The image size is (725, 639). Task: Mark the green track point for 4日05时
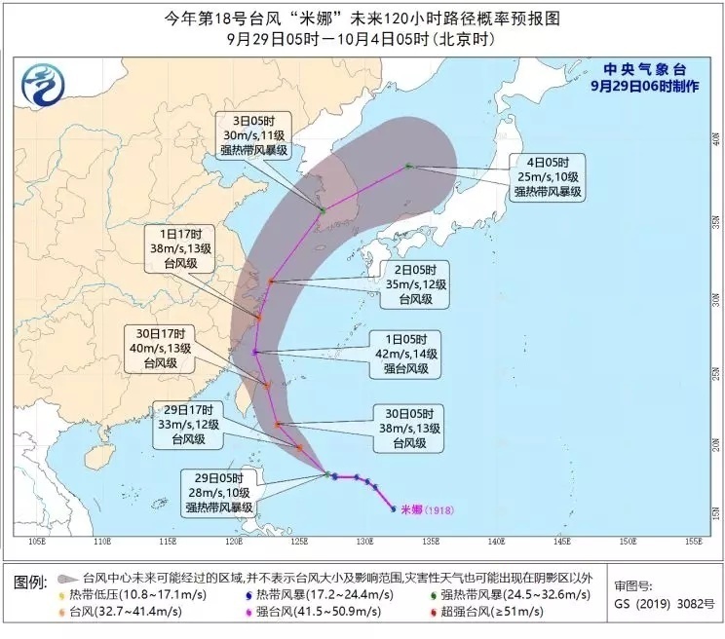pos(408,167)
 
